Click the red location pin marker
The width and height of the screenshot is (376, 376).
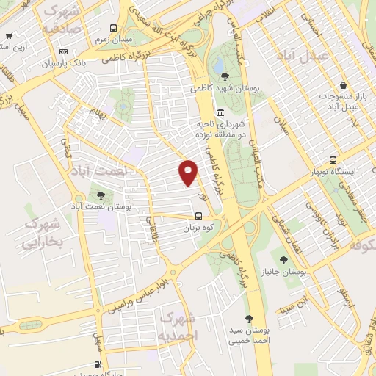click(x=189, y=172)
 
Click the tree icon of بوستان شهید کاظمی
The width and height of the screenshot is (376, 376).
click(x=223, y=76)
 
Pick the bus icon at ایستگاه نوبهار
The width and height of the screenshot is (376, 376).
click(x=333, y=160)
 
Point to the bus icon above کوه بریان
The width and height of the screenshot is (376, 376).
click(x=198, y=216)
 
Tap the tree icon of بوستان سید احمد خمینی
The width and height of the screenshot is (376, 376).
click(x=249, y=318)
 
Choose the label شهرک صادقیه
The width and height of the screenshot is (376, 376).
click(x=62, y=19)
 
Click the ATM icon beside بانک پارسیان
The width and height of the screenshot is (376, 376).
click(x=63, y=51)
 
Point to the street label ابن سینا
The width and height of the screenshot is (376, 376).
click(x=290, y=303)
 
